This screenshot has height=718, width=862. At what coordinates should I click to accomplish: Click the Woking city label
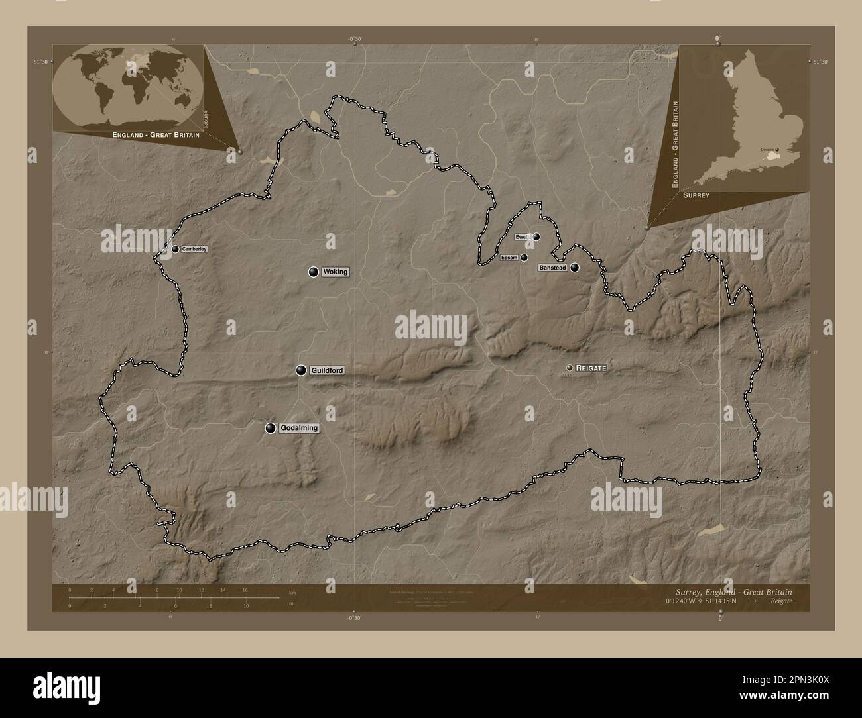point(335,272)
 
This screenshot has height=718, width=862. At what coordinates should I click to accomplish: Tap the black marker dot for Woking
point(313,271)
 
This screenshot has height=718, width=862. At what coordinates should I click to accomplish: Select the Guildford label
point(327,371)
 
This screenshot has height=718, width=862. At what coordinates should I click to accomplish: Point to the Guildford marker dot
point(301,370)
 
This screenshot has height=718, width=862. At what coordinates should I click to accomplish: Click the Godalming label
point(298,428)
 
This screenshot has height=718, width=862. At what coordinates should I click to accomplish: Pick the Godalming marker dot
point(270,428)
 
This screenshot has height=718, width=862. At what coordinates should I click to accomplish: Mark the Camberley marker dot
point(176,249)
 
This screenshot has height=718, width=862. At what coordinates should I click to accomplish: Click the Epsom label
point(509,257)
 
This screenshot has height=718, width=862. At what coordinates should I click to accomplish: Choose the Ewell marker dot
point(536,236)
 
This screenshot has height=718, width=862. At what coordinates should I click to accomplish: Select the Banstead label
point(552,268)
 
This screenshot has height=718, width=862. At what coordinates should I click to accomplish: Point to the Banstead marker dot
point(574,268)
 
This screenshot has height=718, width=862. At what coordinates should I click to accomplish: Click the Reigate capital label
point(591,368)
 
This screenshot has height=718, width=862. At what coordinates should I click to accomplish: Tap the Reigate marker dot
point(570,368)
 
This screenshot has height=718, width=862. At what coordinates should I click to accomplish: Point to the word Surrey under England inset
point(696,196)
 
